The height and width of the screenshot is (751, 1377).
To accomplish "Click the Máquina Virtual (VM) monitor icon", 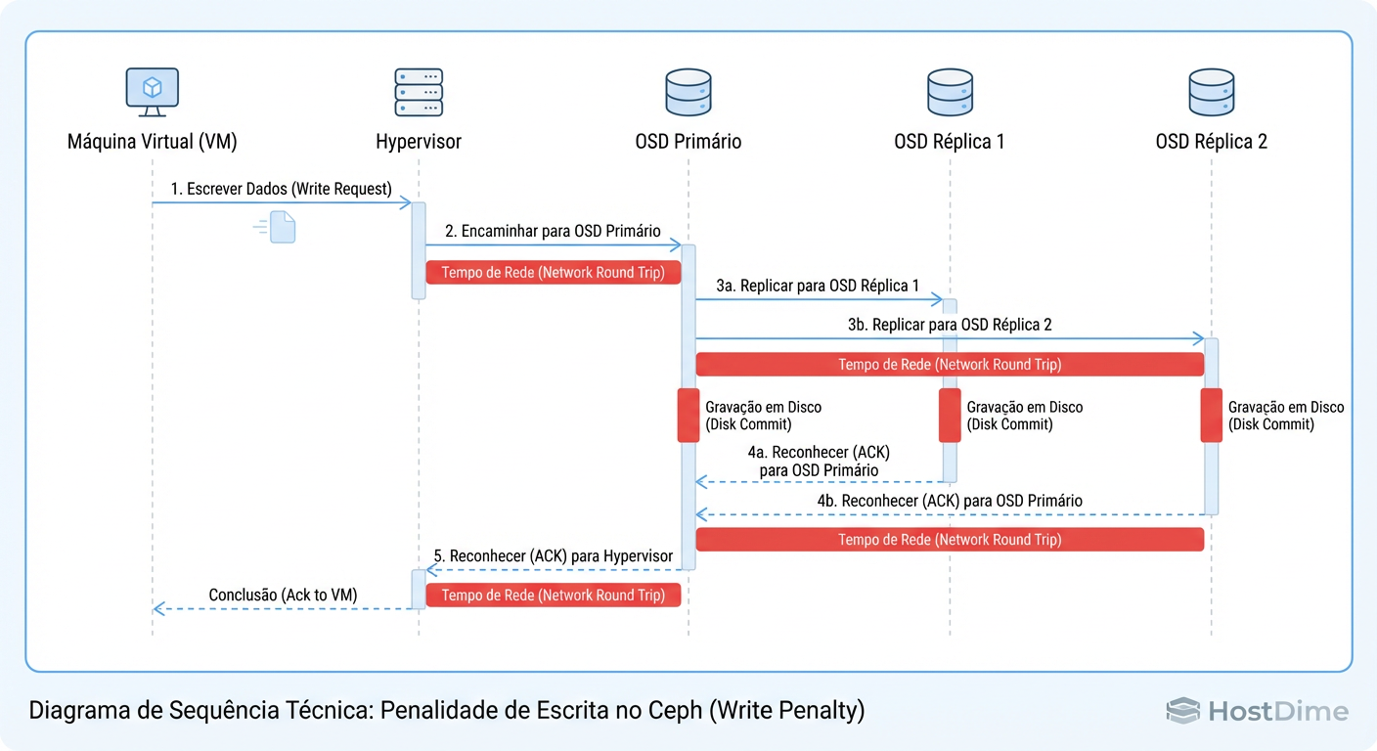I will coord(153,91).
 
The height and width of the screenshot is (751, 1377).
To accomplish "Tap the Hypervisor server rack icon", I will coord(419,92).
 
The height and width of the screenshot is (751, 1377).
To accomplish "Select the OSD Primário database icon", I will coord(688,92).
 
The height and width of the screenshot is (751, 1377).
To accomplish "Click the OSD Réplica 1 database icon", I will coord(949,92).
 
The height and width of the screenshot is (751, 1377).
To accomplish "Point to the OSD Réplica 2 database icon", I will coord(1211,92).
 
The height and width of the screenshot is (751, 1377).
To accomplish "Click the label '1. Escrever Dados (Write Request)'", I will coord(281,189).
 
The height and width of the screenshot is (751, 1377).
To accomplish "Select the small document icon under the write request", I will coord(282,226).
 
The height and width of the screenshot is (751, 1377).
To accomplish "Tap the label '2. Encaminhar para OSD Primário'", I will coord(553,232).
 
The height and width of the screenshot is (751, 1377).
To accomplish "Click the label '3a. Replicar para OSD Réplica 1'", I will coord(818,287).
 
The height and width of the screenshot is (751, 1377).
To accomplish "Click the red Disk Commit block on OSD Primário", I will coord(688,416).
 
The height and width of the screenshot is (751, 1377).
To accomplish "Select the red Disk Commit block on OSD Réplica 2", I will coord(1212,416).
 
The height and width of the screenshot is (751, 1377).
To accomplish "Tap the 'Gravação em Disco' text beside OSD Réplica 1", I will coord(1024,407).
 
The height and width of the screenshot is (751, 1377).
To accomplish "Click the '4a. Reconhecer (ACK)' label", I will coord(819,453).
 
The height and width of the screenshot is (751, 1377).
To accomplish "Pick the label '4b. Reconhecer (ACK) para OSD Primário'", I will coord(950,501).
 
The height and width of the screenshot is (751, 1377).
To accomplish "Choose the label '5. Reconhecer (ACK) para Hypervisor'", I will coord(554,556).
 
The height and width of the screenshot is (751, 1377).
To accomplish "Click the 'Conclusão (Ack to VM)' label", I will coord(283,595).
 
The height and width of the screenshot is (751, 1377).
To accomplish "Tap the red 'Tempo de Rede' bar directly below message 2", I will coord(553,273).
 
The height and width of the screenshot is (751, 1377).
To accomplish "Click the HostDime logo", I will coord(1257,711).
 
